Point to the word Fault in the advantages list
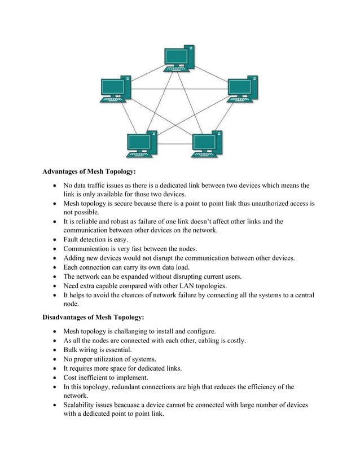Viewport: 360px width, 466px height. point(73,239)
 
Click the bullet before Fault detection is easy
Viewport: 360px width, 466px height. point(53,240)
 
